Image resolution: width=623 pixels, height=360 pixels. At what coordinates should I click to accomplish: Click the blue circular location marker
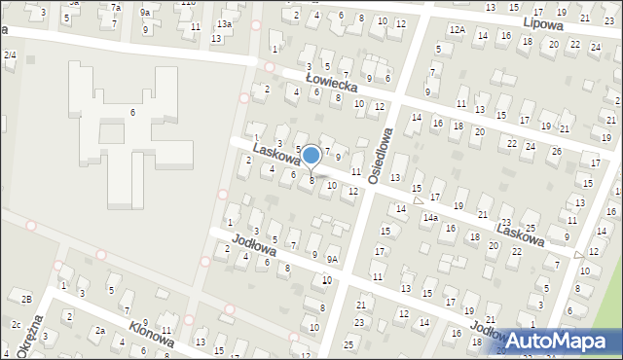(x=311, y=156)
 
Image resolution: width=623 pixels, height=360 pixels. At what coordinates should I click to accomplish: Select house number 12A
(x=457, y=30)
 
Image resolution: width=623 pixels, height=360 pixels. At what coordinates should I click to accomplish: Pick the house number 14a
(x=429, y=218)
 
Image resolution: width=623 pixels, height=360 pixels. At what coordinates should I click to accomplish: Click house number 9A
(x=332, y=259)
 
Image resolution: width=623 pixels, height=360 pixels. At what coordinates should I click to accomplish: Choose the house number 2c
(x=16, y=323)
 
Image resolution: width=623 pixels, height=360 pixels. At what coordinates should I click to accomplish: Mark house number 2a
(x=99, y=331)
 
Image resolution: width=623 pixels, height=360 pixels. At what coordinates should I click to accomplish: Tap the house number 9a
(x=145, y=12)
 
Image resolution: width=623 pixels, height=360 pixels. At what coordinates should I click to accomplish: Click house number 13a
(x=224, y=23)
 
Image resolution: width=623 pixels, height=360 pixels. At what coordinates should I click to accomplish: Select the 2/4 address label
(x=10, y=54)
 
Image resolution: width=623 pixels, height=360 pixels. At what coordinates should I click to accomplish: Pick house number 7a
(x=115, y=8)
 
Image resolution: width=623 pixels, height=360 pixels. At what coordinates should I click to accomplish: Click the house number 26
(x=556, y=151)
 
